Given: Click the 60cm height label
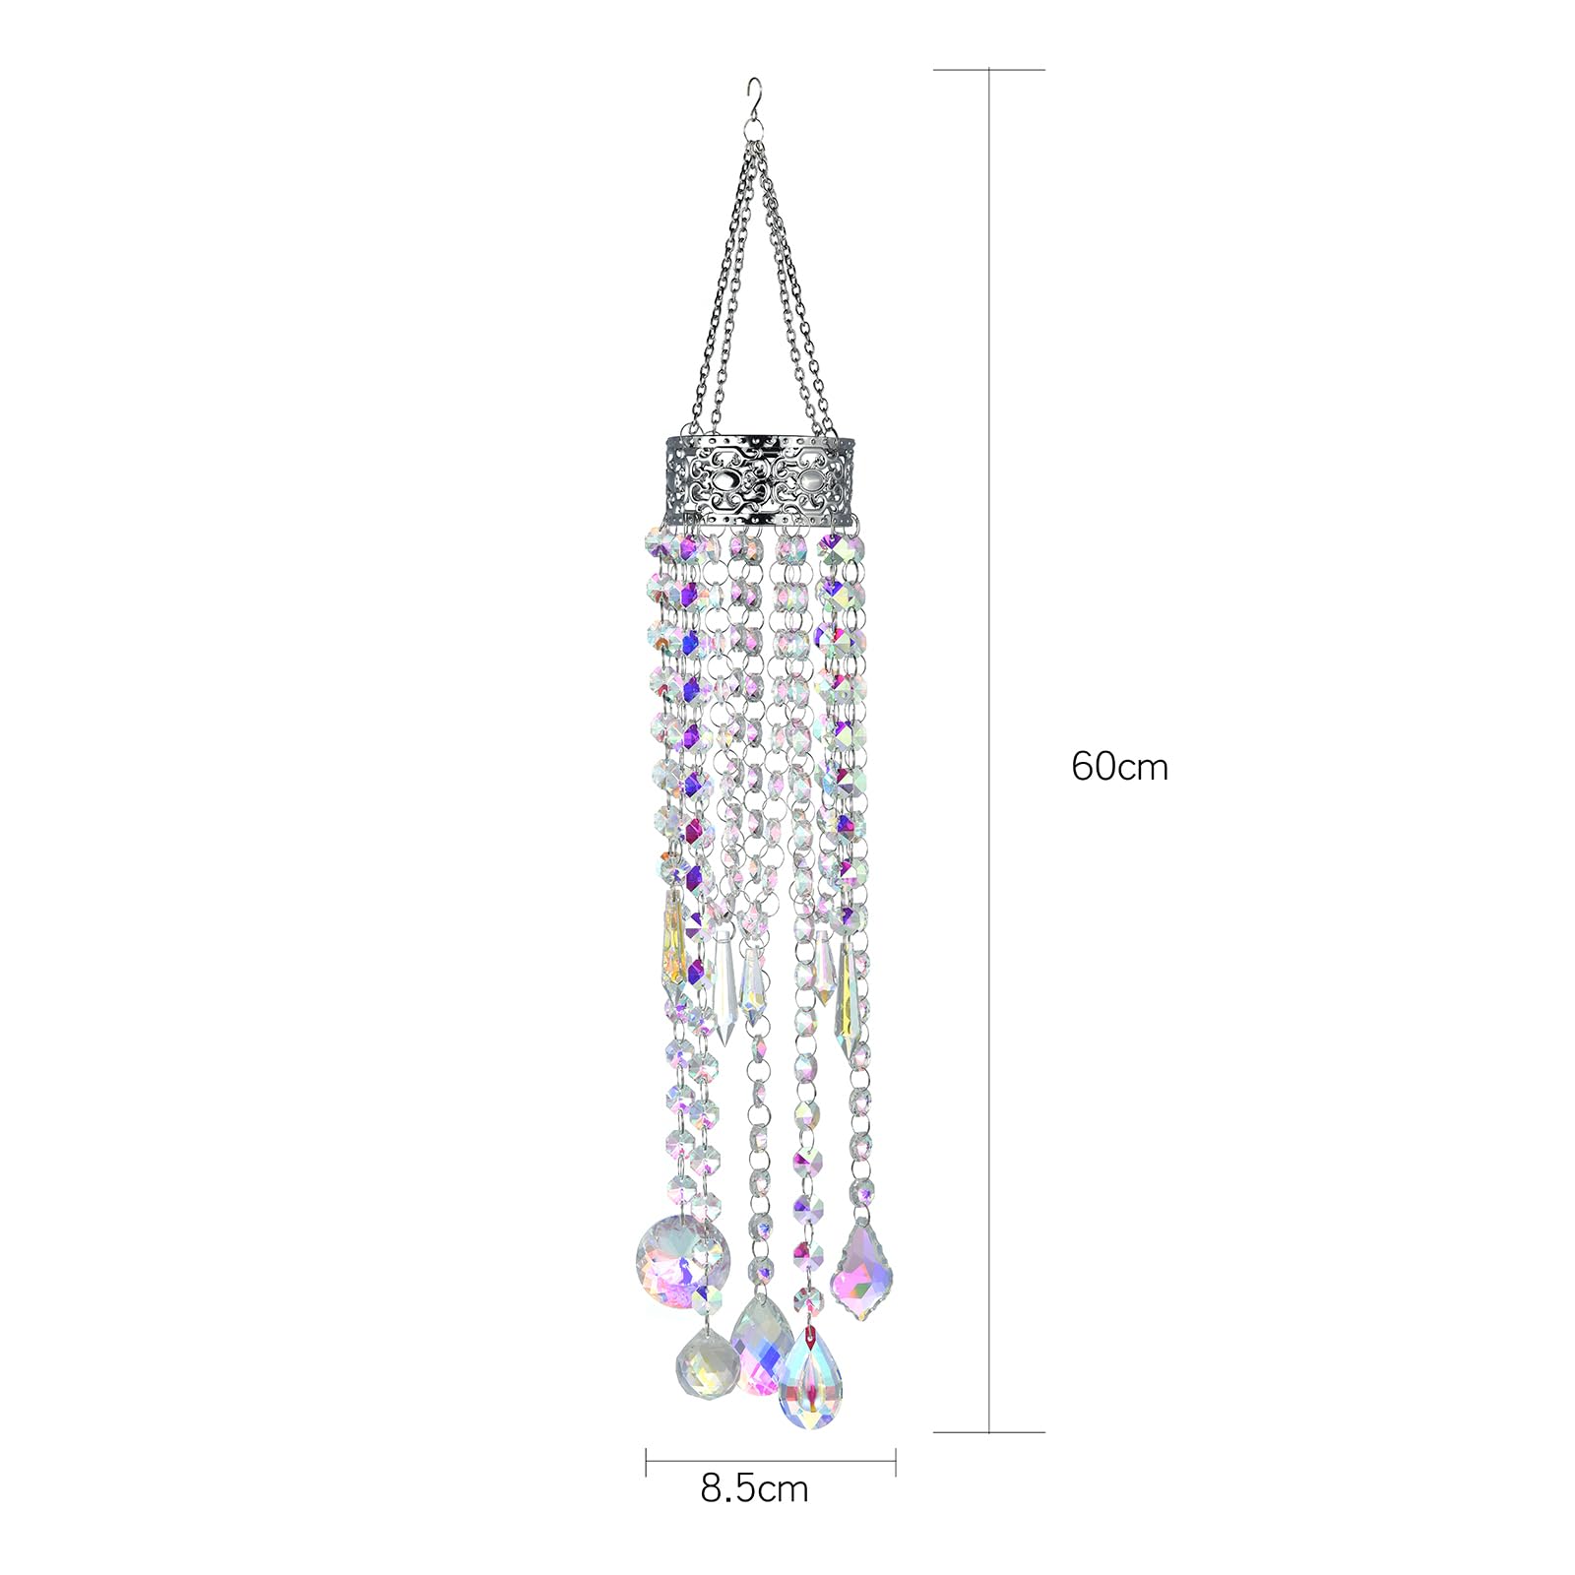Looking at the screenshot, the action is click(1119, 766).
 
